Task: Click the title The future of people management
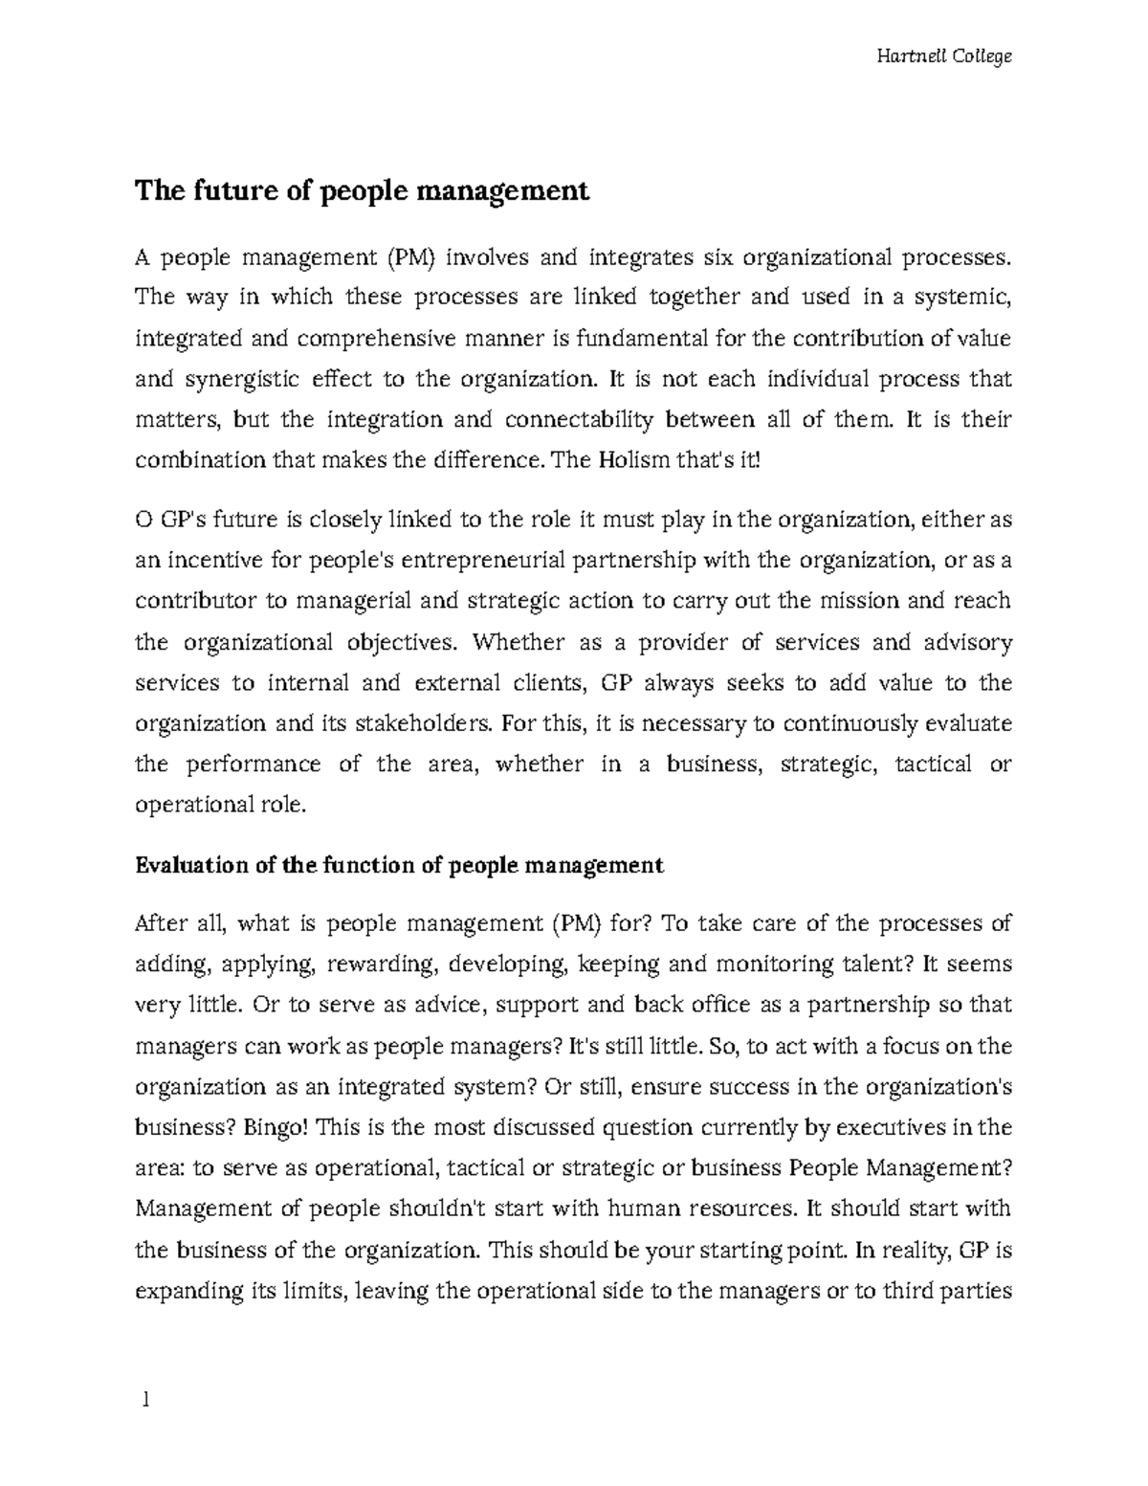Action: click(x=362, y=191)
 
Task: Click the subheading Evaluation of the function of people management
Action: click(x=399, y=865)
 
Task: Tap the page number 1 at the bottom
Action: click(x=144, y=1401)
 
